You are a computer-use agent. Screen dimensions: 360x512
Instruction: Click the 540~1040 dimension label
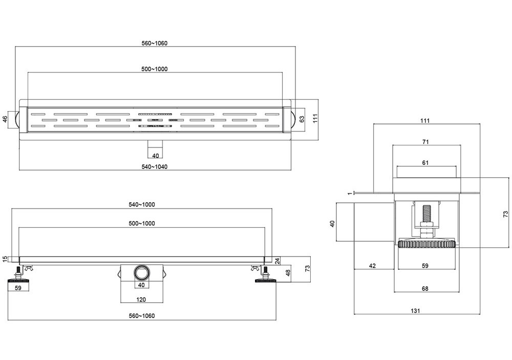click(155, 166)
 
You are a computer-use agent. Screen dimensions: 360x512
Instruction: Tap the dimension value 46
click(5, 119)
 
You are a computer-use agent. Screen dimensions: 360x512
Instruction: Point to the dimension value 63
click(303, 119)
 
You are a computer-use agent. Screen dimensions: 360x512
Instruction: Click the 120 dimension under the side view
click(141, 299)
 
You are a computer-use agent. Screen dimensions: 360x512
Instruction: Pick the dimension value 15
click(5, 258)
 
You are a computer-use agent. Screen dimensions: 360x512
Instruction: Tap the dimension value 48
click(288, 272)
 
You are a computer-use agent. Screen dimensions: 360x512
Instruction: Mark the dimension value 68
click(425, 289)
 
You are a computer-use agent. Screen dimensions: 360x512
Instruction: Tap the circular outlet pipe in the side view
click(141, 271)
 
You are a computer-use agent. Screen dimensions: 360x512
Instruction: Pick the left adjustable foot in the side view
click(19, 277)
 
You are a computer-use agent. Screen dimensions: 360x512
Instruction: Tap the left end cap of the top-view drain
click(20, 119)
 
